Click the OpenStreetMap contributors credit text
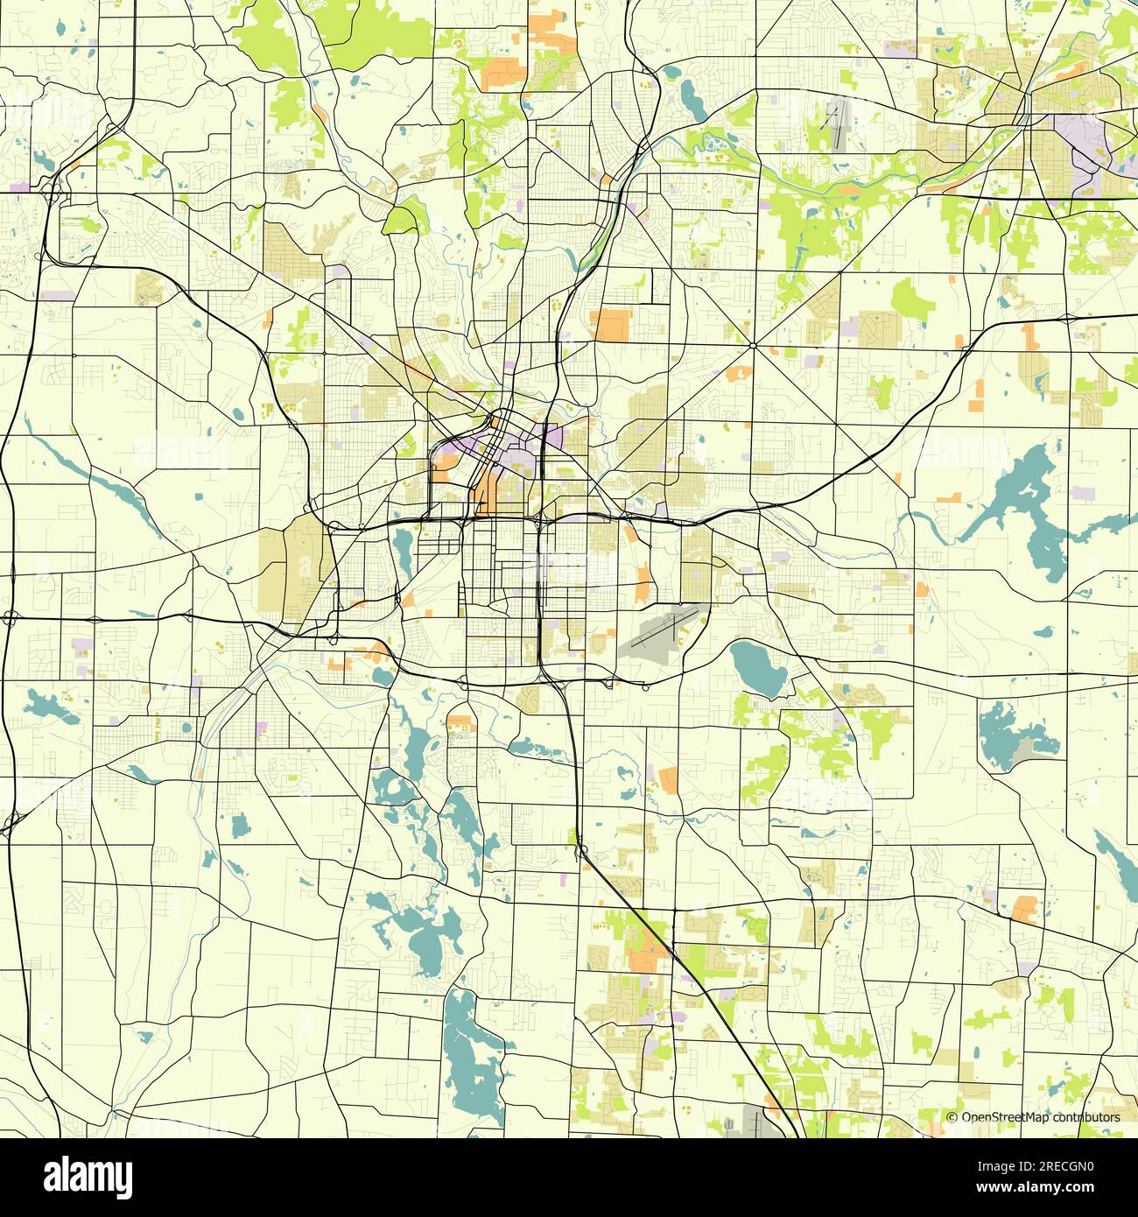pos(1040,1117)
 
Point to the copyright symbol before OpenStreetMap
pos(952,1117)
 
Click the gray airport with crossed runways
pos(661,633)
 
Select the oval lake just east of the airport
pos(756,668)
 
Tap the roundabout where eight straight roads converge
pos(753,345)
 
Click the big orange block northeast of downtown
pos(611,324)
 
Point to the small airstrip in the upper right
pos(835,126)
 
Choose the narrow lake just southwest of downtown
pos(404,548)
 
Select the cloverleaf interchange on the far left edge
pos(11,618)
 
